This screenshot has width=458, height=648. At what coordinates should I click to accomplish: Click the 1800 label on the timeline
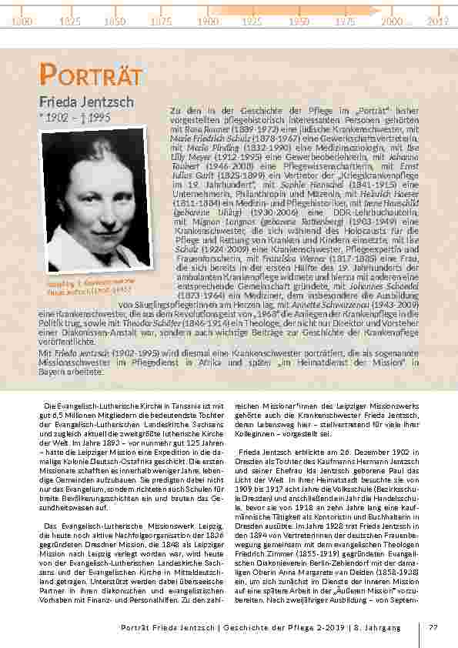22,22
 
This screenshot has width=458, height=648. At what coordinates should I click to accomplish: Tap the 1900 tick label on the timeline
207,22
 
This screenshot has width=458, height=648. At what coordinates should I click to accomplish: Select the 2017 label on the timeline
438,22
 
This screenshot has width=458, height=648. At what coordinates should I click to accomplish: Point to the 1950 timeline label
299,22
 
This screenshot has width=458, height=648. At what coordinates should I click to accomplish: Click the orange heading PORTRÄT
90,76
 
